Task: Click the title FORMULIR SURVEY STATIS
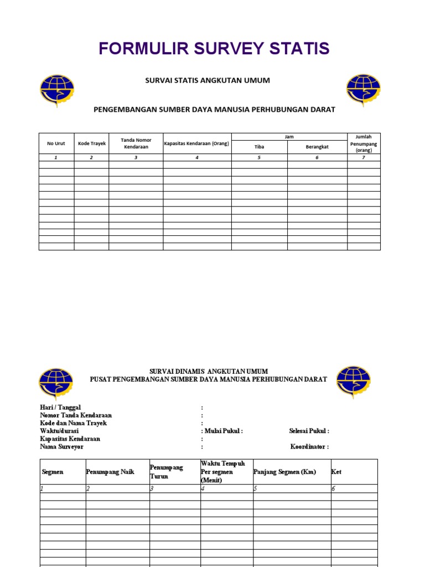click(214, 49)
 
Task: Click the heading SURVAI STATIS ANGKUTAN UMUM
click(207, 81)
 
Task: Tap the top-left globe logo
click(56, 90)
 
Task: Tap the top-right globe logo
click(363, 90)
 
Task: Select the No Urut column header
click(56, 143)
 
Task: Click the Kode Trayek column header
click(91, 143)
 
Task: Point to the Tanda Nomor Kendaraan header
click(136, 143)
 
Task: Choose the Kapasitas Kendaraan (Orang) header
click(196, 143)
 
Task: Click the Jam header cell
click(289, 136)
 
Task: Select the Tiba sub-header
click(259, 147)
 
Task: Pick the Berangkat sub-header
click(317, 147)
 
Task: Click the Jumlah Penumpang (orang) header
click(364, 143)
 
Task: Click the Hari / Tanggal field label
click(60, 408)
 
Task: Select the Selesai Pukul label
click(309, 431)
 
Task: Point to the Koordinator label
click(309, 446)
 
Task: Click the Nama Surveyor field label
click(61, 446)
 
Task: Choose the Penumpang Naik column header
click(110, 472)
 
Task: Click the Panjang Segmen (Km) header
click(284, 472)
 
